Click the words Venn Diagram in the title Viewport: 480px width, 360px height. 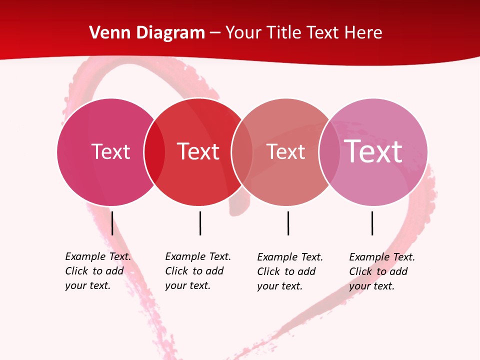pos(147,33)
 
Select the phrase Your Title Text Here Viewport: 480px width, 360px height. pos(303,33)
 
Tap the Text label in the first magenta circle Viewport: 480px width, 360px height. pos(110,151)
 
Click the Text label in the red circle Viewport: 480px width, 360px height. pos(198,151)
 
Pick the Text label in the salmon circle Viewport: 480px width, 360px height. pos(285,151)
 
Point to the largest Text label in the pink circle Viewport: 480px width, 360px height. pos(373,151)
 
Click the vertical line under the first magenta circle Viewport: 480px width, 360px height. pos(112,223)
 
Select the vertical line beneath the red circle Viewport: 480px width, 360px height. pos(200,223)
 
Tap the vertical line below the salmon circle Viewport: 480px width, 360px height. pos(288,223)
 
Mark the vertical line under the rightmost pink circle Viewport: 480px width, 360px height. pos(372,223)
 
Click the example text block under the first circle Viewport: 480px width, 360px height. pos(98,271)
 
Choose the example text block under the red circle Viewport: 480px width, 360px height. pos(198,271)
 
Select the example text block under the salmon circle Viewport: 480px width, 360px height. pos(290,271)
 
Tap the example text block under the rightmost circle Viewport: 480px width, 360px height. pos(382,271)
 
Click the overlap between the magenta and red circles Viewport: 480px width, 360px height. pos(154,151)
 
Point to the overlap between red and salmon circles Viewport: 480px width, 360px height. pos(242,151)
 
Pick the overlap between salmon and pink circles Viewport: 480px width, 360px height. pos(329,151)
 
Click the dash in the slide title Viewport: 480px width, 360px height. pos(215,33)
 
